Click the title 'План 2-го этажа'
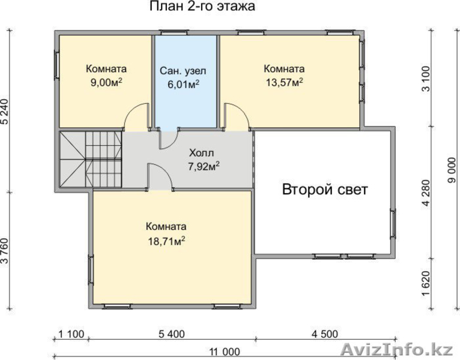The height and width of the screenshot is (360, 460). pyautogui.click(x=202, y=6)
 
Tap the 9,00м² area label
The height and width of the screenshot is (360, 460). pyautogui.click(x=106, y=82)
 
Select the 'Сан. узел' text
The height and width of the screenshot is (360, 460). pyautogui.click(x=183, y=71)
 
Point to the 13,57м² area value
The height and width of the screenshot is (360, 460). pyautogui.click(x=284, y=82)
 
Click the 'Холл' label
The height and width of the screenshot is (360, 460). pyautogui.click(x=202, y=153)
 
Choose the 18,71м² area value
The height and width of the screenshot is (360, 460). pyautogui.click(x=166, y=241)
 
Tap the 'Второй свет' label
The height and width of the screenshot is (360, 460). pyautogui.click(x=325, y=190)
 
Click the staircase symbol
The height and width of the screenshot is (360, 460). pyautogui.click(x=90, y=159)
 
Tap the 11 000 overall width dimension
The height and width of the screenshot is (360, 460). pyautogui.click(x=225, y=352)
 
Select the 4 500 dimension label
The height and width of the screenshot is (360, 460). pyautogui.click(x=324, y=334)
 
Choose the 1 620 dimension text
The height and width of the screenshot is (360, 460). pyautogui.click(x=426, y=283)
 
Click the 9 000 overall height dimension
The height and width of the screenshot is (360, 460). pyautogui.click(x=452, y=170)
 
